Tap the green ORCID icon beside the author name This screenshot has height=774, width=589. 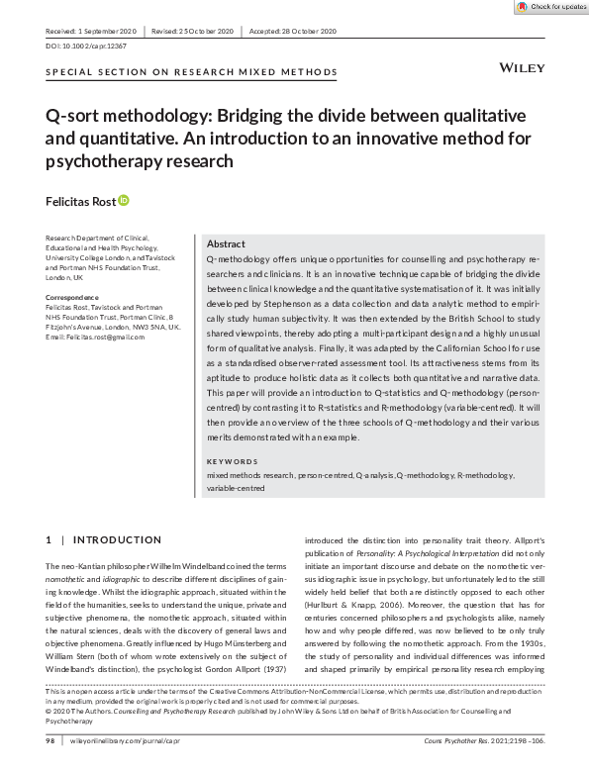(x=124, y=200)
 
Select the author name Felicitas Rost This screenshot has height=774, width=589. (x=80, y=201)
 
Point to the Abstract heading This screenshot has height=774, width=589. (x=227, y=243)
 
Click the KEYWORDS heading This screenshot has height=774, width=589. (x=232, y=461)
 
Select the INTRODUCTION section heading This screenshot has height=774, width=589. (x=117, y=539)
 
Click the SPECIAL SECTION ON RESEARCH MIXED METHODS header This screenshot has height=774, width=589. (x=191, y=72)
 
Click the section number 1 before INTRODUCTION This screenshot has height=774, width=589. (x=49, y=539)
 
